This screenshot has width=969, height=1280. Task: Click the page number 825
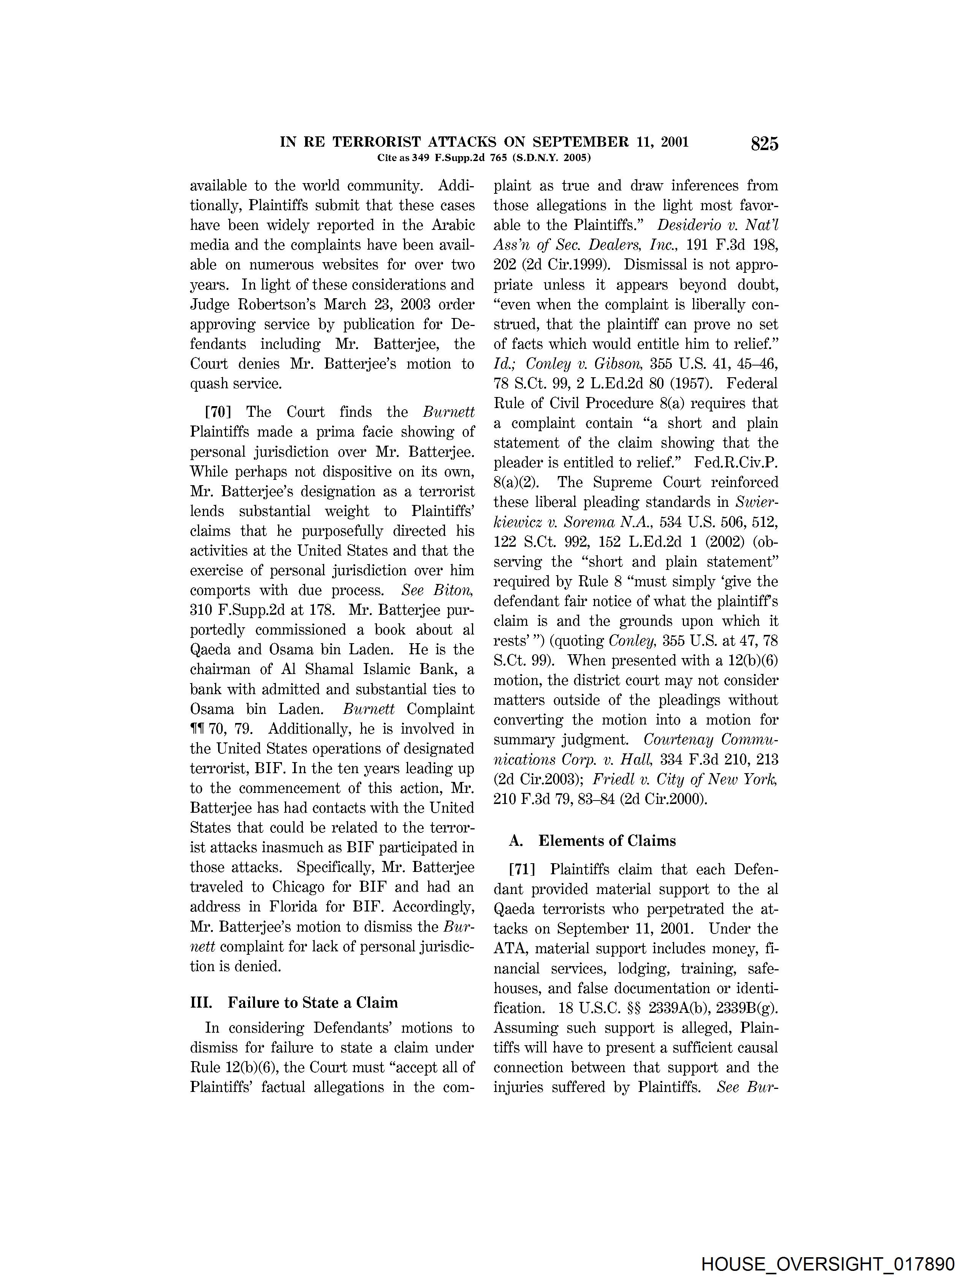click(x=764, y=144)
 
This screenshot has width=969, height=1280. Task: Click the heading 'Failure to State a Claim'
click(x=313, y=1003)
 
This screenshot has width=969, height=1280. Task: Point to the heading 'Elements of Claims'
click(x=606, y=841)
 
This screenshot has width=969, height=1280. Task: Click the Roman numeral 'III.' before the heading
click(x=201, y=1003)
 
